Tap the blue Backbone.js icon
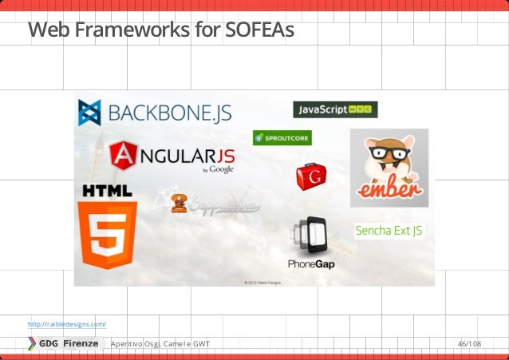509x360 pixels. click(x=89, y=113)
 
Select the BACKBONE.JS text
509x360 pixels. click(x=169, y=113)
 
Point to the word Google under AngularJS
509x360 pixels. click(x=222, y=169)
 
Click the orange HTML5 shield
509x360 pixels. click(x=107, y=234)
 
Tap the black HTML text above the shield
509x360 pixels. click(x=107, y=191)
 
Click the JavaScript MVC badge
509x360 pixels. click(x=335, y=109)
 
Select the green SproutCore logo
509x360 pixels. click(x=282, y=138)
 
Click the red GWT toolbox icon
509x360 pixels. click(x=311, y=176)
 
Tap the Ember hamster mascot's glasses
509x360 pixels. click(x=389, y=153)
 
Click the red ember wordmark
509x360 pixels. click(x=389, y=192)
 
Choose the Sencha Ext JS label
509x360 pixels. click(x=389, y=231)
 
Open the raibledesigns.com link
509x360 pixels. click(x=66, y=324)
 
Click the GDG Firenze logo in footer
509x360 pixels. click(x=64, y=343)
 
